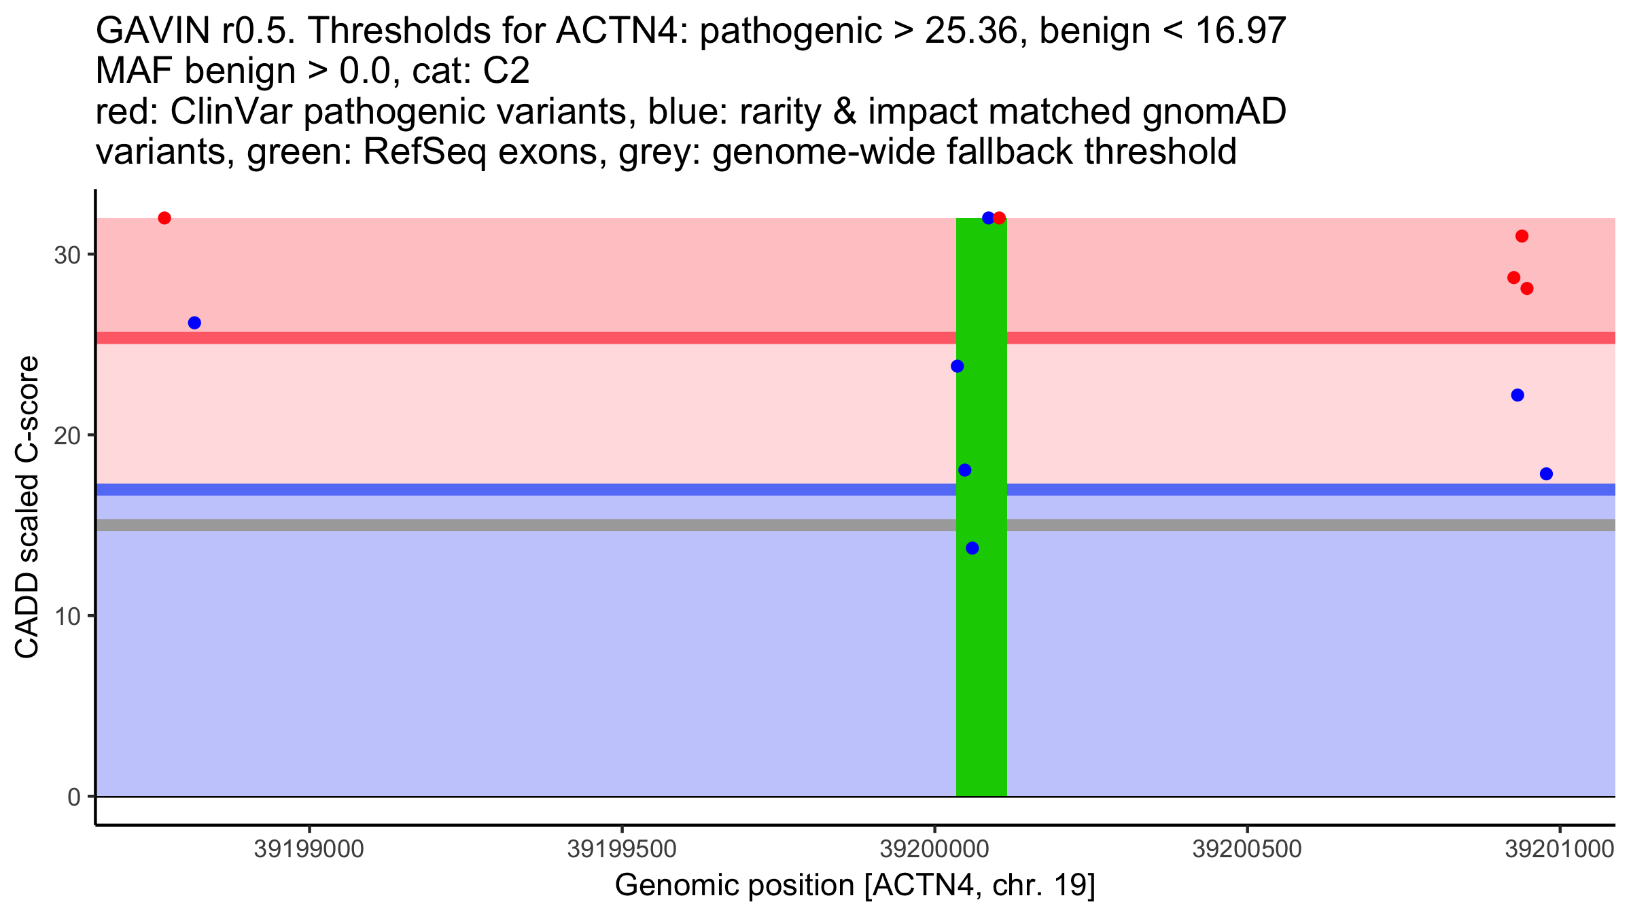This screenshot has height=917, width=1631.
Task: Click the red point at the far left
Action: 164,218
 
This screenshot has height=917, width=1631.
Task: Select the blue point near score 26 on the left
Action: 194,323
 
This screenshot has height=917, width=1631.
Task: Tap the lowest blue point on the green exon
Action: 972,548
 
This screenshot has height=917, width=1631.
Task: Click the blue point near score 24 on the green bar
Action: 958,366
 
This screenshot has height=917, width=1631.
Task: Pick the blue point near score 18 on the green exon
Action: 965,470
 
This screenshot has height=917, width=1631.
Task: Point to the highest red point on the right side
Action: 1522,236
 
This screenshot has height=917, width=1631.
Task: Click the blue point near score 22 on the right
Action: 1518,395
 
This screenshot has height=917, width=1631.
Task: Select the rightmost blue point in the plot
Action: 1547,474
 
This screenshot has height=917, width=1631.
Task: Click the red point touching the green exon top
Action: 999,218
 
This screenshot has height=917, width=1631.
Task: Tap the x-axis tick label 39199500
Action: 622,849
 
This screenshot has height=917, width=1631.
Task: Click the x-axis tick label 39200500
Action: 1247,849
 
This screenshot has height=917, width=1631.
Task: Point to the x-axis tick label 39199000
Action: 309,849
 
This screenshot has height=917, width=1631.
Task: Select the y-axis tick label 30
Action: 67,255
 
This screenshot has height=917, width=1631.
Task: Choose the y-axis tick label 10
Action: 67,616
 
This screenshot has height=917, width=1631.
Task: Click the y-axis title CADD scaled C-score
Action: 27,507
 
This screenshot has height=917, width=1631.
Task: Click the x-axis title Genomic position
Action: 855,886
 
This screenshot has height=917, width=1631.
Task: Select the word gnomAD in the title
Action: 1214,111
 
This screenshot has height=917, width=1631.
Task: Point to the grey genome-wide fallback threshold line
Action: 544,525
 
